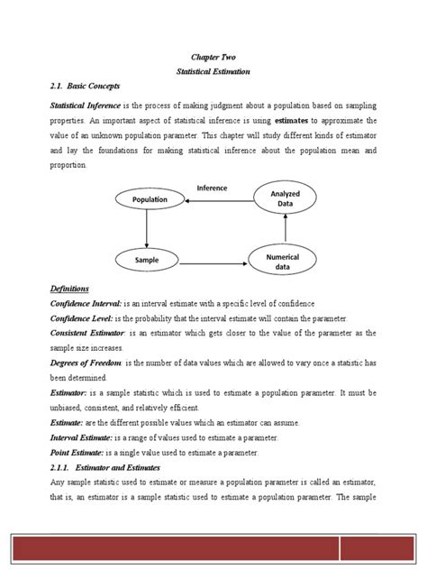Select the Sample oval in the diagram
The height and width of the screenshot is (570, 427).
pos(146,261)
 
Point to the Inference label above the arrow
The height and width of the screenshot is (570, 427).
pos(212,188)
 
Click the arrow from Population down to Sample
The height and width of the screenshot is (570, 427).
pos(146,230)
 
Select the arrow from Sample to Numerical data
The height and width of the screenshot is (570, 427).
pos(213,263)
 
